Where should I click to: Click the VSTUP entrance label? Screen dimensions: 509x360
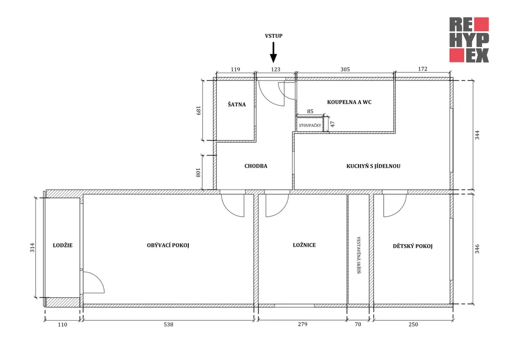274,36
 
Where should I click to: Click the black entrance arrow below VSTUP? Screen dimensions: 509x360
274,52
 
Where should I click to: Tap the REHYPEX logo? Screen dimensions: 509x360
469,40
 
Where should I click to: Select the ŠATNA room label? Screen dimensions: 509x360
237,104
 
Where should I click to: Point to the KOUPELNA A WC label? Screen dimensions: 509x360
349,102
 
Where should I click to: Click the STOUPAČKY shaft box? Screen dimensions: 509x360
310,125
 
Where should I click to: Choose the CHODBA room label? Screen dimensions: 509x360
256,166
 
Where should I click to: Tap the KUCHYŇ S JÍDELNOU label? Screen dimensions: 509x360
373,166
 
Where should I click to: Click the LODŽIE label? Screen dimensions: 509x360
63,245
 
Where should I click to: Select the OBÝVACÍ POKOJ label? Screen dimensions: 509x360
168,245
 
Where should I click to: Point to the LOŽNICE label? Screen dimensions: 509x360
304,245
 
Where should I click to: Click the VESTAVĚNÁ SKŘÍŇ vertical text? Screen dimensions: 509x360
359,255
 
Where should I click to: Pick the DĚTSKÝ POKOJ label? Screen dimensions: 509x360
413,246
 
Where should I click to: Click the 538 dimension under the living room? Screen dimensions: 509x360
169,324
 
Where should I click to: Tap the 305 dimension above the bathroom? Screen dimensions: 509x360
345,69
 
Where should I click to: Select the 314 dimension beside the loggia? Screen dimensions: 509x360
32,247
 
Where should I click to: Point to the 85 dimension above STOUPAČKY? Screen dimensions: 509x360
310,111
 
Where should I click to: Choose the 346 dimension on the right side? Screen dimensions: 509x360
477,249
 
